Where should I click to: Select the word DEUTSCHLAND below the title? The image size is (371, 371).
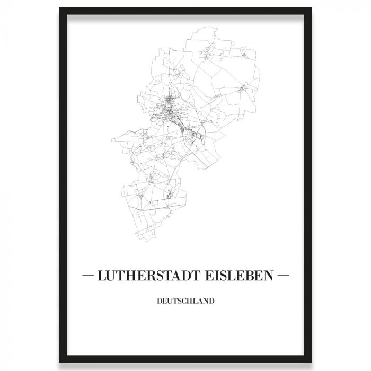click(x=185, y=301)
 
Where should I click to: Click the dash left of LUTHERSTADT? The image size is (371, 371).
click(x=89, y=276)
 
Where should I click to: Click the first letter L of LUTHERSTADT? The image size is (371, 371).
click(x=101, y=276)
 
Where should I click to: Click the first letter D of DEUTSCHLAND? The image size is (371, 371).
click(x=160, y=301)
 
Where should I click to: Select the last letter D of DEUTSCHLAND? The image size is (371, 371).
click(x=211, y=301)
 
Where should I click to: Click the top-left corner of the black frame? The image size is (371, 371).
click(x=60, y=9)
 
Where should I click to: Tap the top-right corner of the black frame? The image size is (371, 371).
click(x=311, y=9)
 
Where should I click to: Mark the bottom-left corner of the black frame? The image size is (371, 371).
click(x=60, y=361)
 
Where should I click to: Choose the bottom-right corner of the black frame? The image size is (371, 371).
click(x=311, y=361)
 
